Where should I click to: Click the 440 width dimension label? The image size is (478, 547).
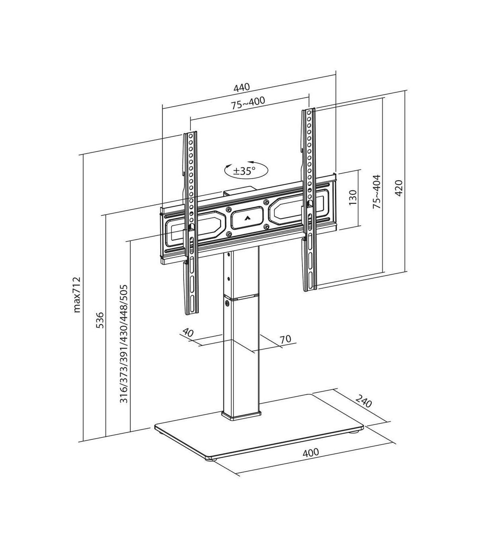[242, 87]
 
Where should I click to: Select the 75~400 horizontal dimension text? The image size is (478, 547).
[248, 103]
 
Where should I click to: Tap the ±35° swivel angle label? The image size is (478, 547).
[244, 171]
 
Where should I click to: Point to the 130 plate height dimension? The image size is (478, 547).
[353, 197]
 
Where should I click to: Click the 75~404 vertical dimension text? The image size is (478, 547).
[376, 192]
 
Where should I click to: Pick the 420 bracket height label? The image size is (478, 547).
[399, 188]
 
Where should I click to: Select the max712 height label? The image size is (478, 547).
[76, 295]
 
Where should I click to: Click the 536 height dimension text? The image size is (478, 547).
[100, 320]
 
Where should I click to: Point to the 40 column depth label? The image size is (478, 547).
[188, 333]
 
